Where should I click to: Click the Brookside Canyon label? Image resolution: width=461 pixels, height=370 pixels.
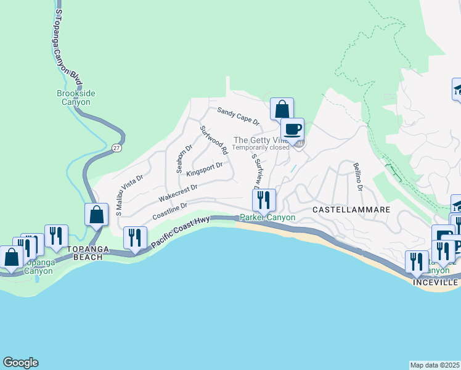(x=76, y=97)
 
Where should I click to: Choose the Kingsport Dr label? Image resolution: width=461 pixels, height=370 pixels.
(x=204, y=169)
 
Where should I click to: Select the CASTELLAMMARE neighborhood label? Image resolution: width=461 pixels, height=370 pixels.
(x=351, y=210)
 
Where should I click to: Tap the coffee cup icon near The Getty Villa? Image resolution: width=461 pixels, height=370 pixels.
(x=293, y=129)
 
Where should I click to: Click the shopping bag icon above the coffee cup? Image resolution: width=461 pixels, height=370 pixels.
(x=282, y=109)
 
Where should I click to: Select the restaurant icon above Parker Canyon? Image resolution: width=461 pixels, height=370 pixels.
(x=264, y=200)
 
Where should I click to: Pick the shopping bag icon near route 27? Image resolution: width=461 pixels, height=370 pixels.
(x=97, y=215)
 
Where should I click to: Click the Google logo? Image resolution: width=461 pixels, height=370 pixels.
(x=20, y=363)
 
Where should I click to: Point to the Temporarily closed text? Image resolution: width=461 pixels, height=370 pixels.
(x=261, y=148)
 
